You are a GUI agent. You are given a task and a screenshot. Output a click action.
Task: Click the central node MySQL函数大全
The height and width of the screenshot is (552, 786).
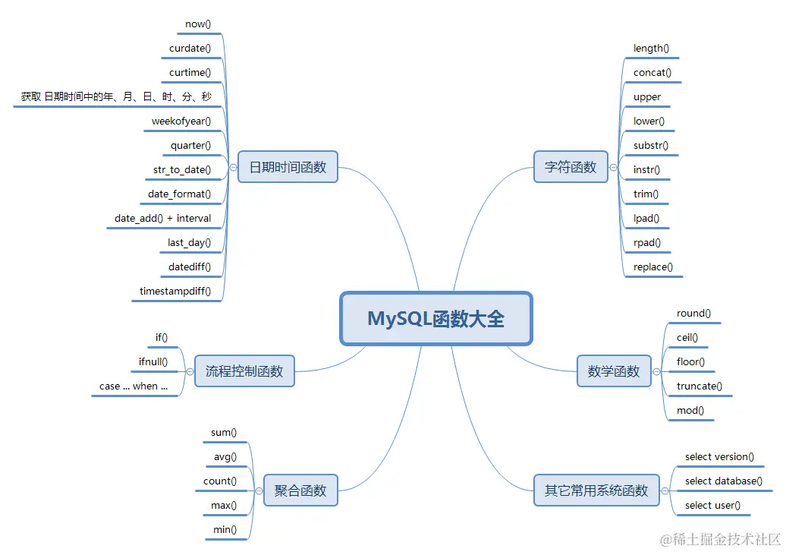(x=436, y=318)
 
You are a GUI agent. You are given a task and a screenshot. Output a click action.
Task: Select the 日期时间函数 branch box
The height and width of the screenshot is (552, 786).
(x=288, y=167)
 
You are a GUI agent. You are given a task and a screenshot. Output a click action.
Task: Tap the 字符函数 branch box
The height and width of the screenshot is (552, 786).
(x=571, y=167)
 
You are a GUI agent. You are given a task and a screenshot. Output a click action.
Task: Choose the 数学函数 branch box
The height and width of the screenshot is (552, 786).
(x=614, y=371)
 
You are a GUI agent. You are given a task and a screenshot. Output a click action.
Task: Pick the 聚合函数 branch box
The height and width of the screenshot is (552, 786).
(x=300, y=490)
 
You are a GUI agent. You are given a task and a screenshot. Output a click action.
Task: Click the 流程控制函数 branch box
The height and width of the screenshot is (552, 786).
(x=244, y=371)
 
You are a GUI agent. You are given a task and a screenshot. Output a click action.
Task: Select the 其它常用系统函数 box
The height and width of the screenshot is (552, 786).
(x=596, y=490)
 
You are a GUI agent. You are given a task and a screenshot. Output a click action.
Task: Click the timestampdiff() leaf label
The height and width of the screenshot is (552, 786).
(x=175, y=291)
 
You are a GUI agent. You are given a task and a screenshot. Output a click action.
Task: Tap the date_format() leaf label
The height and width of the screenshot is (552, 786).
(x=180, y=194)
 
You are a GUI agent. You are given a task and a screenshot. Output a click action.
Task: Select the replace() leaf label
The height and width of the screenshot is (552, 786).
(x=653, y=267)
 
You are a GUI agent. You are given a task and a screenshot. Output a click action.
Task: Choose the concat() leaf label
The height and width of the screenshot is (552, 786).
(x=652, y=73)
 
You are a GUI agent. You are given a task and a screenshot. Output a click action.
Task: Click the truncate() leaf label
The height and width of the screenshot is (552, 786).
(x=700, y=386)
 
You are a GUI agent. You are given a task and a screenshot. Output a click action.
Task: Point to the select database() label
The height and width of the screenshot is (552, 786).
(x=724, y=481)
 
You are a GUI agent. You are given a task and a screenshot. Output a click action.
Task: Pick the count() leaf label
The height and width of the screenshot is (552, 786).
(x=220, y=481)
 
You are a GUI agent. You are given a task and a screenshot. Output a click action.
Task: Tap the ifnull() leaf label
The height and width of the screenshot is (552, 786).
(x=153, y=362)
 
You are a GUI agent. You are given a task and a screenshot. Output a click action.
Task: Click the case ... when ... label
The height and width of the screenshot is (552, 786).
(x=134, y=386)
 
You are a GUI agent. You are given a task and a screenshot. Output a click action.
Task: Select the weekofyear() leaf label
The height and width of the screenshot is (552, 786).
(x=181, y=121)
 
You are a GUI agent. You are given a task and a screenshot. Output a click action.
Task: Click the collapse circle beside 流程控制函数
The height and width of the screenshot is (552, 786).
(x=190, y=371)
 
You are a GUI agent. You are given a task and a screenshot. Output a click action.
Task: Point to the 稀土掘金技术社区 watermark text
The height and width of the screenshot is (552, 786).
(x=720, y=540)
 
